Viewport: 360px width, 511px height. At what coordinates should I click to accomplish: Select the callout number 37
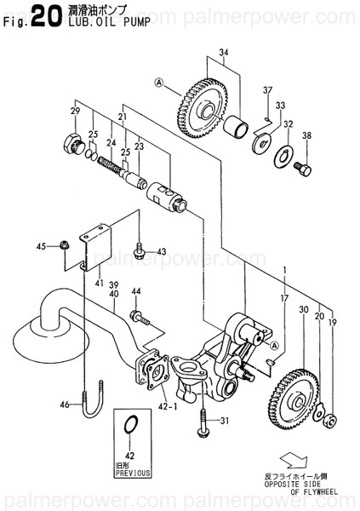266,91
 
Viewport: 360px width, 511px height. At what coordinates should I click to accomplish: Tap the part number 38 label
307,135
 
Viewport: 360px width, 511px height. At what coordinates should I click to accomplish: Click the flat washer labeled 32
281,156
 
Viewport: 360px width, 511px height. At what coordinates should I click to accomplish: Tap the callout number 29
75,112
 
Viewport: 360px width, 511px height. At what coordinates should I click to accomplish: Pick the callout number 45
40,247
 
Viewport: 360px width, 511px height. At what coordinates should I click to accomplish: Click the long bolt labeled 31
203,423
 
